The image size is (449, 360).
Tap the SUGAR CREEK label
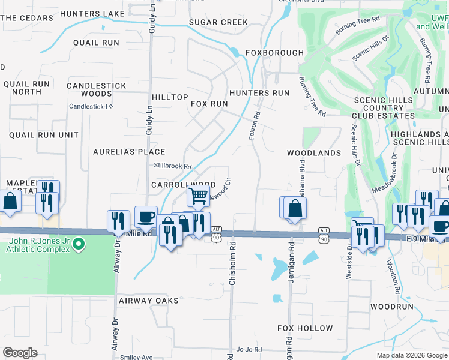(x=218, y=22)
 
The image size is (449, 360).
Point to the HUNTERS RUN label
(x=259, y=93)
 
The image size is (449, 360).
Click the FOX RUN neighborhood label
(x=209, y=104)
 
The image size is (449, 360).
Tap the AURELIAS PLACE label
(x=129, y=152)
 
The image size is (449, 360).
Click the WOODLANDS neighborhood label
(x=314, y=153)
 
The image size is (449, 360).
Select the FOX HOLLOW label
(x=305, y=328)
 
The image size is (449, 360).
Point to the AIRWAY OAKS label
(x=149, y=300)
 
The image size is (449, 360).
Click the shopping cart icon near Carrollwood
(x=199, y=195)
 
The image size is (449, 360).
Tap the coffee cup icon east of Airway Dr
(x=146, y=216)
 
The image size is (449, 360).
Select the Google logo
(x=20, y=353)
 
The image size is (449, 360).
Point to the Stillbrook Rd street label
(x=172, y=166)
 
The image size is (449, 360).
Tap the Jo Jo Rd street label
(x=249, y=349)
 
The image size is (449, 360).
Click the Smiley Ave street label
(x=136, y=357)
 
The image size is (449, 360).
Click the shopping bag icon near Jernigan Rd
(x=295, y=208)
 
